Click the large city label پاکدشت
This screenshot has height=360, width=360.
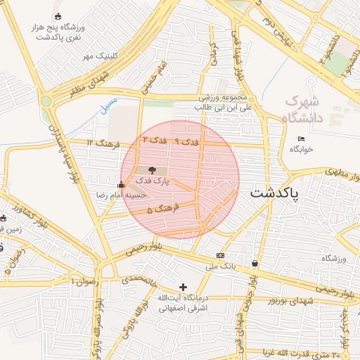[x=275, y=193]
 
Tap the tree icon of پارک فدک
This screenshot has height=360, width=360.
[x=153, y=169]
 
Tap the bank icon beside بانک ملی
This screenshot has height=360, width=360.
[x=221, y=255]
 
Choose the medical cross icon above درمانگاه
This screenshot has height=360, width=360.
[x=184, y=287]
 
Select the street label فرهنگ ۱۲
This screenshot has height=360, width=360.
[x=99, y=142]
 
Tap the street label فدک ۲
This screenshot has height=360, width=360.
[x=155, y=140]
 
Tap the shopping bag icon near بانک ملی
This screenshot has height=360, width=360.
[x=254, y=264]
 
